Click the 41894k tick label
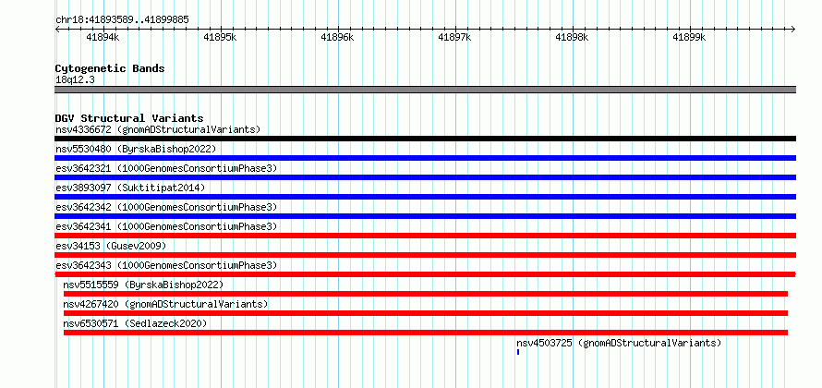(x=103, y=37)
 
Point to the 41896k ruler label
(x=338, y=37)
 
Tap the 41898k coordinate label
(x=573, y=37)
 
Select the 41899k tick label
(x=690, y=37)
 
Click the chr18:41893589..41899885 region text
(x=122, y=20)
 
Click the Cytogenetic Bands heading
(x=110, y=68)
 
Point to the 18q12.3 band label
(x=75, y=80)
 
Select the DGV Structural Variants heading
(x=129, y=118)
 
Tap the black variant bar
(x=426, y=139)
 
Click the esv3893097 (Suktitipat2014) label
(x=130, y=188)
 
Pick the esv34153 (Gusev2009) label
(x=111, y=246)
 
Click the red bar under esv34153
(x=426, y=255)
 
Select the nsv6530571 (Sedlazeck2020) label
(x=135, y=323)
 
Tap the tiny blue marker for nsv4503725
(x=518, y=352)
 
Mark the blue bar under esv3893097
(x=426, y=197)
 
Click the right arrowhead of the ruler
(x=794, y=29)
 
